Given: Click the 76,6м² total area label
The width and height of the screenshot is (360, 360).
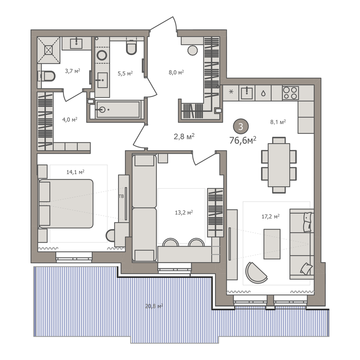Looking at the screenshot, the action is point(243,140).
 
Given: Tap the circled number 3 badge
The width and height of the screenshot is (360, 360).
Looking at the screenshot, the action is point(241,126).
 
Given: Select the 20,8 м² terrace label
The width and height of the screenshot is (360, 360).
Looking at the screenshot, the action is point(154,306).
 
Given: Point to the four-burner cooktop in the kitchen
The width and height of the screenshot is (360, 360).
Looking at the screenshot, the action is point(291,93).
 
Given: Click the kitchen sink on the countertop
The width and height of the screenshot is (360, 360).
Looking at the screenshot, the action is point(247,93).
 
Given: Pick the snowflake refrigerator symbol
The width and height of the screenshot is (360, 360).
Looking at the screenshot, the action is point(231,92).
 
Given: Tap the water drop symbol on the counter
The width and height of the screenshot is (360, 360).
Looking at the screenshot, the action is point(264,93).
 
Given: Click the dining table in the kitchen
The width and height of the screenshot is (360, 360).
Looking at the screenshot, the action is point(279,165).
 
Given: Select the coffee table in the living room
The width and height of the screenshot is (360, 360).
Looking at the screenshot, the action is point(272,244).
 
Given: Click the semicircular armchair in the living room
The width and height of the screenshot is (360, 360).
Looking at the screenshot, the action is point(256,273).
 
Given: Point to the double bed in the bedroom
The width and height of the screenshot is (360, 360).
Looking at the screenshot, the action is point(66,204).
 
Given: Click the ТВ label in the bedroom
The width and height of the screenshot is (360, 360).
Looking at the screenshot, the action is point(121,196).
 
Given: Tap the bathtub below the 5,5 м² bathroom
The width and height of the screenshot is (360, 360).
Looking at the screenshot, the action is point(118,109).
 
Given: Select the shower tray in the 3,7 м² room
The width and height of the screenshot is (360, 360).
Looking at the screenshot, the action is point(49,50).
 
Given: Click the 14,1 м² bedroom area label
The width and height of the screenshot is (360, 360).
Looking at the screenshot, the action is point(75,172).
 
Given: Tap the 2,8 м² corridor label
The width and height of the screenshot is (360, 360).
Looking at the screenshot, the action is point(184,136).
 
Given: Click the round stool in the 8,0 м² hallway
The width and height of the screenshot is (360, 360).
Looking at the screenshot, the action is point(192,50).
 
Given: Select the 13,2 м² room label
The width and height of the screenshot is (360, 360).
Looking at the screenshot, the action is point(184,212).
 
